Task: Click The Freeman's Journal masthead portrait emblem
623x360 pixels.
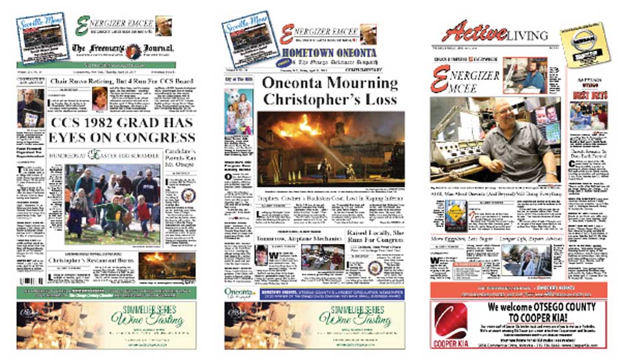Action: coord(133,51)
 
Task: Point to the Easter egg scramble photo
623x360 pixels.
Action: coord(111,203)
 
